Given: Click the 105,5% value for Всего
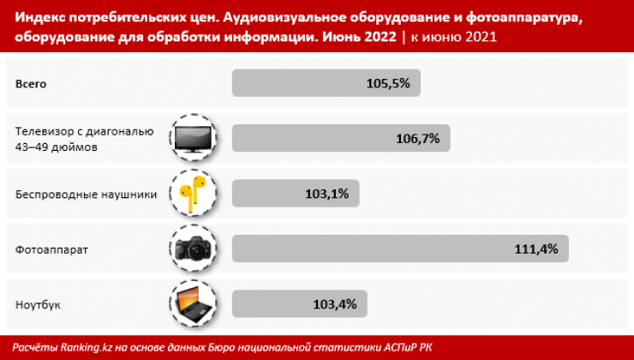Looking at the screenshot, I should [x=388, y=84].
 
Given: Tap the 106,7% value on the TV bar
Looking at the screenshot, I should [x=418, y=139].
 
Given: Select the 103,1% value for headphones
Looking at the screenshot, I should [x=326, y=194].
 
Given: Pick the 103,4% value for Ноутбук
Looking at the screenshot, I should [x=336, y=304].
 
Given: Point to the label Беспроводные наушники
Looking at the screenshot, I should [x=86, y=195].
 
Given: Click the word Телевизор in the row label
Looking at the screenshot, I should [x=45, y=132].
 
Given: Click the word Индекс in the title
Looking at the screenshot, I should [x=41, y=19].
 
